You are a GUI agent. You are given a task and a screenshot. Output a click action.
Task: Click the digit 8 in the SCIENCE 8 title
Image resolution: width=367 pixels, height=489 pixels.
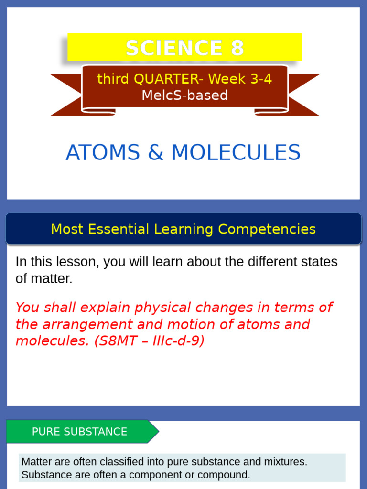236,48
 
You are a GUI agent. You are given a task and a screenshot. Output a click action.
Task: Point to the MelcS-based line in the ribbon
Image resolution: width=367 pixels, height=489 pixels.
184,95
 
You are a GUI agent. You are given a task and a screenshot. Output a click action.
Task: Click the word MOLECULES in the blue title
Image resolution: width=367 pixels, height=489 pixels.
236,153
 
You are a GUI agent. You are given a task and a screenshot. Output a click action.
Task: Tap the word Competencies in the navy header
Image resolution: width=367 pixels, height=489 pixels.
267,229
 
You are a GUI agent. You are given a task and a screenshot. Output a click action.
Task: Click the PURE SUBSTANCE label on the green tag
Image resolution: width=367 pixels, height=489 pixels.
79,432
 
